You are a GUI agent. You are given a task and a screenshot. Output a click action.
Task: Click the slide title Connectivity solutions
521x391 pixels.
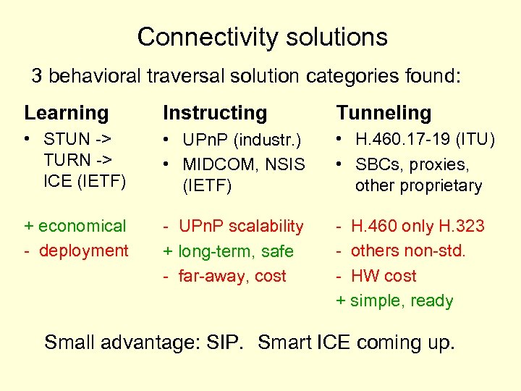point(262,37)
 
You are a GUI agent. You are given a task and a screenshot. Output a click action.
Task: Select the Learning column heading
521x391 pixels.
point(67,113)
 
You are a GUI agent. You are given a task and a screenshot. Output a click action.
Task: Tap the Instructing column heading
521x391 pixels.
point(215,113)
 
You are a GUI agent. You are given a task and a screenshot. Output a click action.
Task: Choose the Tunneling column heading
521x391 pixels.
point(384,113)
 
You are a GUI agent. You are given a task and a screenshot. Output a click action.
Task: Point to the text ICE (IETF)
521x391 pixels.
point(84,181)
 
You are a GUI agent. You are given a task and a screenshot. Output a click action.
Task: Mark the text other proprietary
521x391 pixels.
point(418,185)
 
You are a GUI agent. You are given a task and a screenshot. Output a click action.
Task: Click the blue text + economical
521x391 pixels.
point(75,226)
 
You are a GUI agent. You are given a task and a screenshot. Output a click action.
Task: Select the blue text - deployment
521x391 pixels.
point(77,251)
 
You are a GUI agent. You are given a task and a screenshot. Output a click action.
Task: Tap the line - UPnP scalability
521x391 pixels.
point(234,226)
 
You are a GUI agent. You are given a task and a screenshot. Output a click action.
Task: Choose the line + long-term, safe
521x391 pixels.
point(229,251)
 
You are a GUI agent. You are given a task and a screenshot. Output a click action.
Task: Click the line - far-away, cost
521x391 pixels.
point(225,276)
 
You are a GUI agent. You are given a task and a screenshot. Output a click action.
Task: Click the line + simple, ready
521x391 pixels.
point(395,300)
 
